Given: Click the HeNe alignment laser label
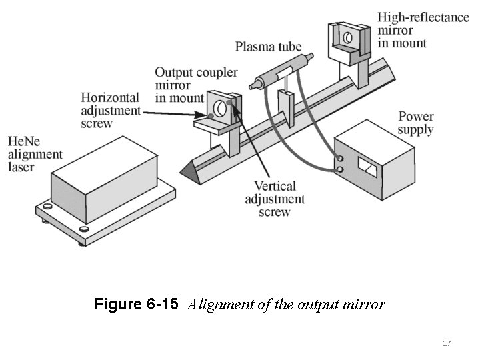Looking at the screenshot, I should pos(35,154).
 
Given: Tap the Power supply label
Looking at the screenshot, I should pos(415,123).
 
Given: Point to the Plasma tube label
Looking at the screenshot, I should pos(268,47).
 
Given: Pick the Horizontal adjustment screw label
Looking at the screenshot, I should pos(111,110).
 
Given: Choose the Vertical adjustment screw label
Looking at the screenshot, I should pos(275,199).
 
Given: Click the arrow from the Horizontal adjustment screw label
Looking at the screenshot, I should pos(173,113).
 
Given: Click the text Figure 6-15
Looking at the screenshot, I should pos(136,305).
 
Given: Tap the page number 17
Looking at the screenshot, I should pos(447,343).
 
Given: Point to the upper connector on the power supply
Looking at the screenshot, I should pos(341,159).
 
